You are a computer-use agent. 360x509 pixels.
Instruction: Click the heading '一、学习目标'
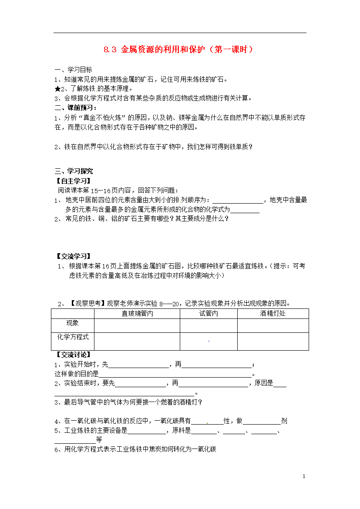coord(73,70)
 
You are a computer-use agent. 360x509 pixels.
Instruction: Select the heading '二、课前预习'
coord(76,107)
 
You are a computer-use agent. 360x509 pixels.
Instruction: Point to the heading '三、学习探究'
coord(74,171)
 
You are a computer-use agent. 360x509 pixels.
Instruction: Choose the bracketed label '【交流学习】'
coord(74,257)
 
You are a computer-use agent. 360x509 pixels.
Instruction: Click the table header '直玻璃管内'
coord(137,314)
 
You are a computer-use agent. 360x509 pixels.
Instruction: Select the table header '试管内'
coord(209,314)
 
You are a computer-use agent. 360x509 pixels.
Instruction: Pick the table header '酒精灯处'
coord(273,314)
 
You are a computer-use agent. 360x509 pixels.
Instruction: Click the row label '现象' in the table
coord(72,323)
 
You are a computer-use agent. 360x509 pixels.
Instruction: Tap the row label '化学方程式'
coord(73,337)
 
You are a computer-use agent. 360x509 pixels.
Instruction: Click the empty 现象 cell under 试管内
coord(209,325)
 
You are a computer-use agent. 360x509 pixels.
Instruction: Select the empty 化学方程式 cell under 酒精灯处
coord(273,341)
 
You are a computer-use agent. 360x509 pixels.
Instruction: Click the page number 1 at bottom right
coord(304,477)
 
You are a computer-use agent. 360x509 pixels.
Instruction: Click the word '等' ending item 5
coord(98,440)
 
